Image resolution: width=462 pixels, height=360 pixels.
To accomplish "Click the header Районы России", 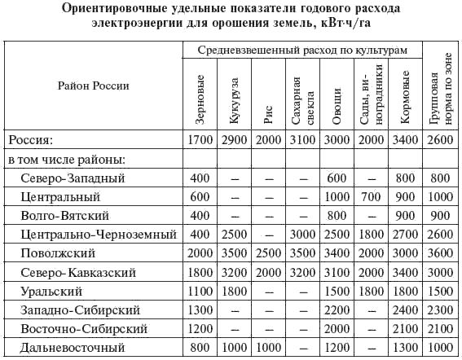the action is click(93, 85).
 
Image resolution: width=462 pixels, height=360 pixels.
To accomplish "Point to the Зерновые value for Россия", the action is click(200, 140).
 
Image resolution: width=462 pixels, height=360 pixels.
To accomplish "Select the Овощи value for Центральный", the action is click(336, 197).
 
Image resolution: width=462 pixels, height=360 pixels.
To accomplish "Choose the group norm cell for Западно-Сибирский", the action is click(439, 310).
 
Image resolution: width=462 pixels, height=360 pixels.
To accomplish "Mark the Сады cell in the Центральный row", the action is click(369, 197).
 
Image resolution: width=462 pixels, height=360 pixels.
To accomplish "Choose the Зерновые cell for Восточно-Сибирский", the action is click(200, 328).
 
